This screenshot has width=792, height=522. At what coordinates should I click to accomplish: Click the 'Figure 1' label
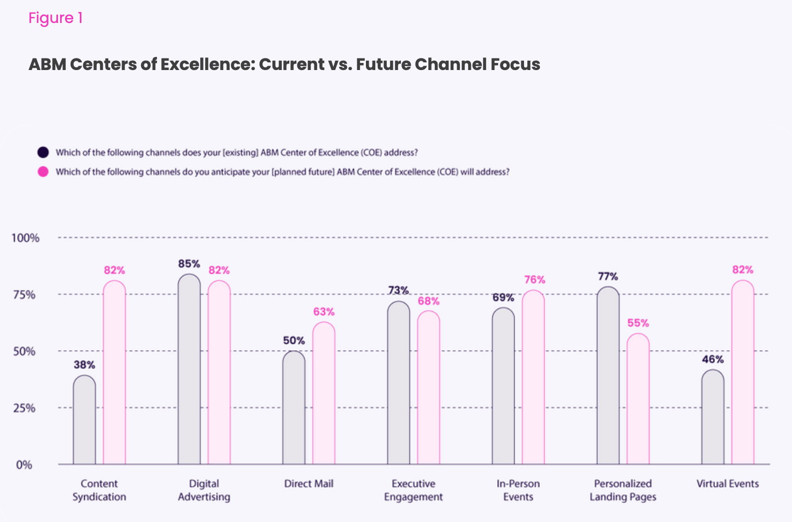[55, 18]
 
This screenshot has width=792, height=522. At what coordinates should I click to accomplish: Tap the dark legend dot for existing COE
[43, 152]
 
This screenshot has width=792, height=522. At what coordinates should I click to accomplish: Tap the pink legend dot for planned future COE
[43, 172]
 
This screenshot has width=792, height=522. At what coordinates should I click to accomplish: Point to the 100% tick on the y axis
[25, 238]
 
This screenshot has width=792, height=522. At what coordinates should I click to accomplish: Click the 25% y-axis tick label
[24, 408]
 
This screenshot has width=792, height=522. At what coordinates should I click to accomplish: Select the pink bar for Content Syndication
[114, 373]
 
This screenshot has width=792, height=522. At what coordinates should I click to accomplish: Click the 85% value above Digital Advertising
[189, 264]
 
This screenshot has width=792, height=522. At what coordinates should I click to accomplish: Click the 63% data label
[324, 312]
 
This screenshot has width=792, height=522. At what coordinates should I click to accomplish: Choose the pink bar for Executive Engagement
[429, 388]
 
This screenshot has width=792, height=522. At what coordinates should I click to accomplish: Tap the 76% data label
[534, 280]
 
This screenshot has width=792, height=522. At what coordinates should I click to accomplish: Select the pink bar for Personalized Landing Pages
[638, 399]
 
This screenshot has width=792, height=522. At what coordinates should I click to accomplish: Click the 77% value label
[608, 276]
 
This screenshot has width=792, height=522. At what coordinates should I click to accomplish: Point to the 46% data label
[713, 359]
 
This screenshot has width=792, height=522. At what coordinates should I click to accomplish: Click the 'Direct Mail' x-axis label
[308, 484]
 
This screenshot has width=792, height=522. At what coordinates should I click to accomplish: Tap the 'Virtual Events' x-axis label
[727, 484]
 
